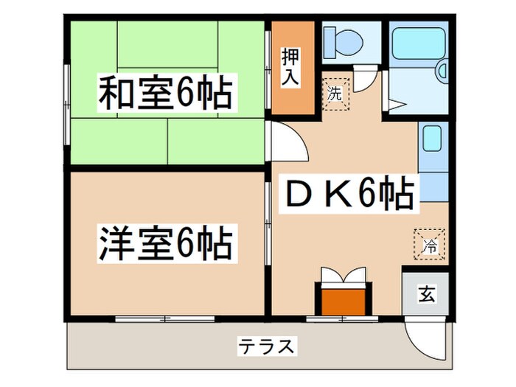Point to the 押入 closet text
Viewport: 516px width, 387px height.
(x=290, y=68)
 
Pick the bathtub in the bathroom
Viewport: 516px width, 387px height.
(x=418, y=47)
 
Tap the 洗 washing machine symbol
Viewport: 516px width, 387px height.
(x=335, y=94)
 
